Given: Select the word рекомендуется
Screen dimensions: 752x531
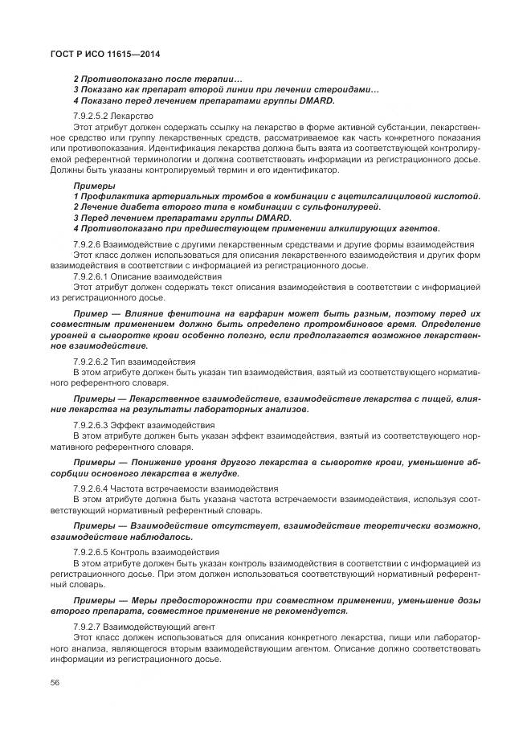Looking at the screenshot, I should coord(309,610).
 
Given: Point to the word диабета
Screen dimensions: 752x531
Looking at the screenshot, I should coord(129,207).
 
